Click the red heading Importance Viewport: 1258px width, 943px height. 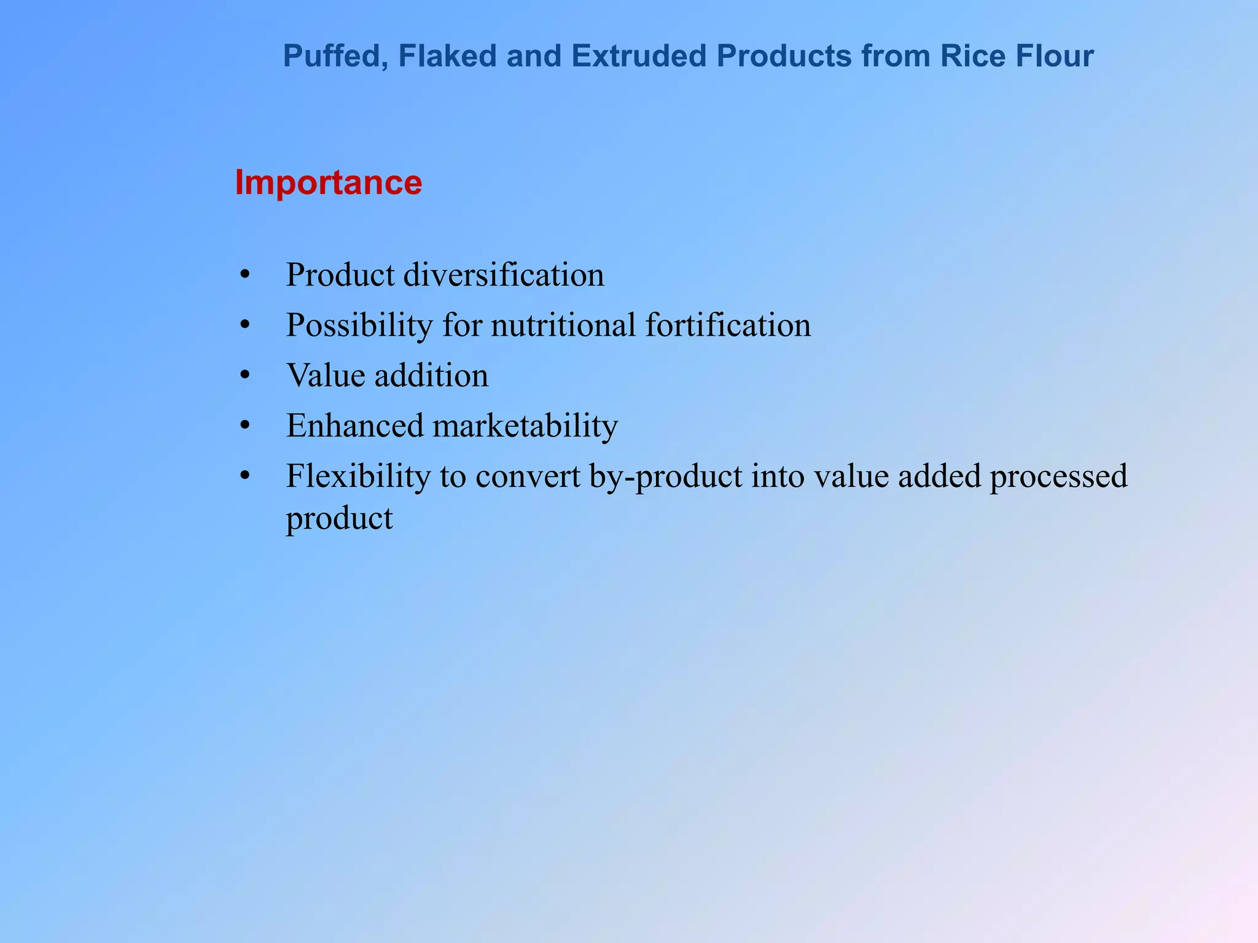coord(328,183)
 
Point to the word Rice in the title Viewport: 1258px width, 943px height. coord(967,56)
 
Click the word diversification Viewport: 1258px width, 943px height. coord(504,274)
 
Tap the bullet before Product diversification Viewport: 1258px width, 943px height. coord(245,275)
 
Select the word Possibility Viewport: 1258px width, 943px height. coord(359,325)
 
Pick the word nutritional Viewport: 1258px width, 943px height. coord(563,325)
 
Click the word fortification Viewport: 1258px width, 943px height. coord(728,325)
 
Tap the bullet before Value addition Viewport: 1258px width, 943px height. coord(245,376)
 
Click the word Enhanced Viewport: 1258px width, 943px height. coord(355,425)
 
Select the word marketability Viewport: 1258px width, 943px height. coord(525,426)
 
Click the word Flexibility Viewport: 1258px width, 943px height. coord(358,476)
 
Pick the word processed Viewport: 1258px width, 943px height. coord(1058,477)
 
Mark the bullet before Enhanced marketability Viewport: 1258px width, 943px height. coord(245,426)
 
